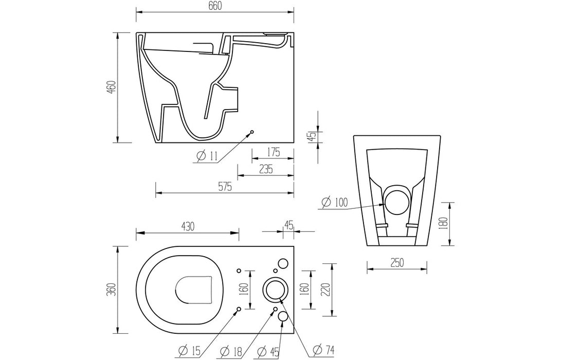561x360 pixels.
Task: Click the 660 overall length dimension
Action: [x=215, y=6]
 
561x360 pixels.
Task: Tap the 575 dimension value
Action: [x=225, y=188]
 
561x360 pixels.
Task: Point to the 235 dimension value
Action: [x=265, y=169]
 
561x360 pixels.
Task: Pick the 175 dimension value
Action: [x=273, y=152]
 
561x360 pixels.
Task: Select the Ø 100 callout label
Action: [x=332, y=202]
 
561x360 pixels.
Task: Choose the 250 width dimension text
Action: [x=396, y=262]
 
